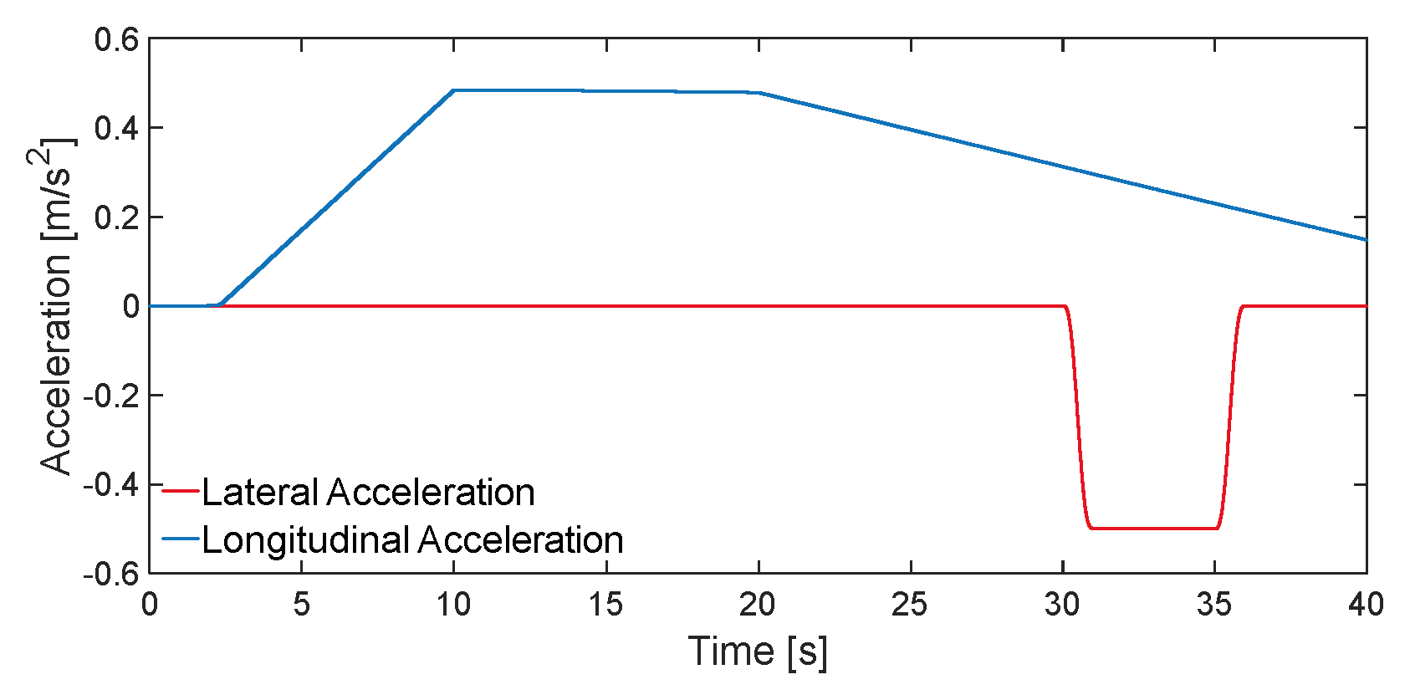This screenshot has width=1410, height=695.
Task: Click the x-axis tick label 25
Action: click(910, 604)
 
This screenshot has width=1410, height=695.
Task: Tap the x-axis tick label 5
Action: click(302, 604)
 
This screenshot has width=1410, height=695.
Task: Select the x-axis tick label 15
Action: click(605, 604)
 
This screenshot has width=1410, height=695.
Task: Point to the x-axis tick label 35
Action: click(1214, 604)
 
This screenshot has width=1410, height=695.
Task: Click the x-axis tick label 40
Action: click(1366, 604)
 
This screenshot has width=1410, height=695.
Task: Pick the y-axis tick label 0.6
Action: click(116, 39)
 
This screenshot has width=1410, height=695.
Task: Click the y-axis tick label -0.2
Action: click(111, 396)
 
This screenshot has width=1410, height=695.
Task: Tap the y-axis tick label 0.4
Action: click(116, 128)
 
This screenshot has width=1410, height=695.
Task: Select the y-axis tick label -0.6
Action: click(111, 574)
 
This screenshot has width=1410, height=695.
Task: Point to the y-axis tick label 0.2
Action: click(116, 217)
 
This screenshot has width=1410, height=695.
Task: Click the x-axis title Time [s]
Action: click(758, 652)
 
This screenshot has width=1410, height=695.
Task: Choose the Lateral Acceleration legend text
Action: click(368, 492)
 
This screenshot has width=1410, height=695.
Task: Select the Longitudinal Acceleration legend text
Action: click(412, 540)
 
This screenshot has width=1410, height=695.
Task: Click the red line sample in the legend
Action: click(180, 492)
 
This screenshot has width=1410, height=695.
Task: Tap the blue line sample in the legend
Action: click(180, 539)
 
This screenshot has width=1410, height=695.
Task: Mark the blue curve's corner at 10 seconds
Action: click(453, 90)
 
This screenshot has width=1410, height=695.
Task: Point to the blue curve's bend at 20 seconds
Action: click(759, 93)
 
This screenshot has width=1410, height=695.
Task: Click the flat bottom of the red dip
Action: click(1154, 529)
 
